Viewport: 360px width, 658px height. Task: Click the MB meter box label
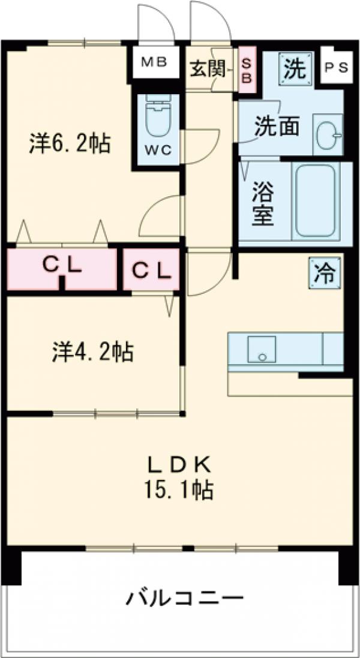coord(155,62)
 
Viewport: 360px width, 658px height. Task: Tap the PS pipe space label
coord(335,68)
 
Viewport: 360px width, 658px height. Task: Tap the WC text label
coord(158,150)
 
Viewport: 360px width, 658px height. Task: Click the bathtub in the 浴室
coord(314,200)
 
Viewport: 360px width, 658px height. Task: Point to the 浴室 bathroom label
coord(263,204)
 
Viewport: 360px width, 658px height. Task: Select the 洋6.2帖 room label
coord(70,143)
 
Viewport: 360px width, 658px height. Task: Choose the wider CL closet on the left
coord(61,268)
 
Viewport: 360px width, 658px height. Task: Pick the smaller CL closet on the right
coord(152,270)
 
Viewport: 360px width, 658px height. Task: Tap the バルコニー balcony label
coord(185,597)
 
